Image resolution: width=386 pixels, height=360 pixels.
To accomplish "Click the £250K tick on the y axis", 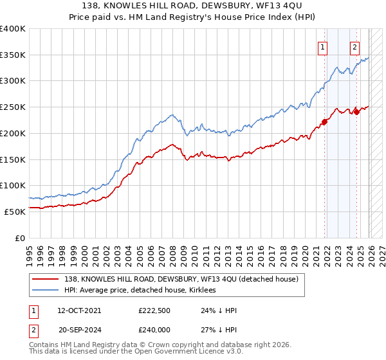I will (x=13, y=107).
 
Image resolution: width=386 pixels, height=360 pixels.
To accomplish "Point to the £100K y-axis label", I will (x=13, y=185).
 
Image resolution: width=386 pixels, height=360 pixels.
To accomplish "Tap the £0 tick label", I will (x=19, y=237).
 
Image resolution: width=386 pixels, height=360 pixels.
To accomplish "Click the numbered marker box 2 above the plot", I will (x=354, y=46).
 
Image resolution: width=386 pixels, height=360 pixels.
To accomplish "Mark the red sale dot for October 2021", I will (x=325, y=122).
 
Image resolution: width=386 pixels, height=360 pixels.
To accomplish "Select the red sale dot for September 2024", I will (x=357, y=112).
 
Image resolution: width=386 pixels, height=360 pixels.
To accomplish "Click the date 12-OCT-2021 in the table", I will (x=79, y=310).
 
